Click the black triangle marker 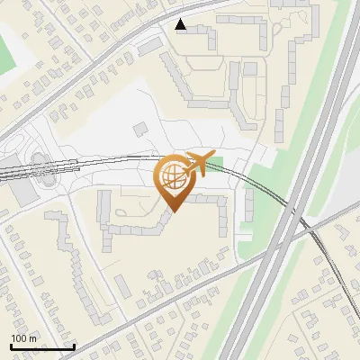tap(181, 24)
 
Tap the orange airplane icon tap(201, 162)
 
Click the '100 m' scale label tap(23, 338)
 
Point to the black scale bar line tap(41, 347)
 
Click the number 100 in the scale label tap(18, 338)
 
